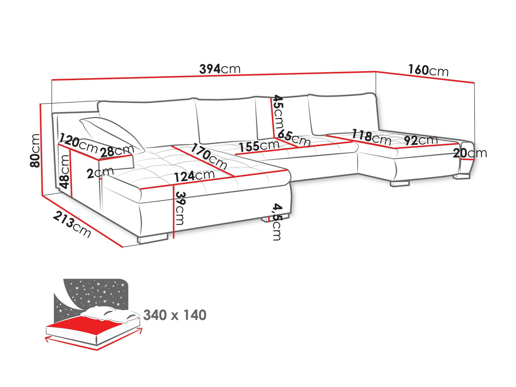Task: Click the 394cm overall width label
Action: [x=220, y=69]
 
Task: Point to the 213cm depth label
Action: [x=72, y=224]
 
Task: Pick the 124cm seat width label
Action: [x=194, y=176]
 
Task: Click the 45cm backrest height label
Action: [x=278, y=112]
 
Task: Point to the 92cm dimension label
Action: [x=421, y=140]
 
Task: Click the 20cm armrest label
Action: [x=470, y=153]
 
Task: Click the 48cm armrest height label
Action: [x=64, y=172]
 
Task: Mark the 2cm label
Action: [x=100, y=173]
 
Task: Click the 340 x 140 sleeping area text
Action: [x=175, y=315]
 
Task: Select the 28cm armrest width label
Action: [x=117, y=151]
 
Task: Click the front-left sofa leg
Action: [x=153, y=239]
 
